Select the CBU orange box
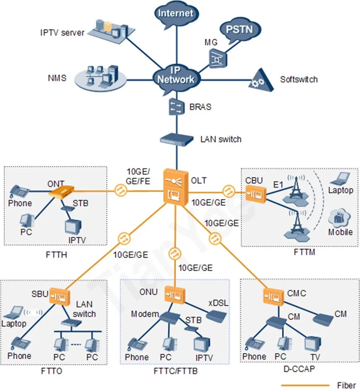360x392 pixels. pyautogui.click(x=256, y=194)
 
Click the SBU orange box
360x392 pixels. pyautogui.click(x=59, y=296)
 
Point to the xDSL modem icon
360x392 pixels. pyautogui.click(x=216, y=316)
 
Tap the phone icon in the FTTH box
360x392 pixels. pyautogui.click(x=19, y=191)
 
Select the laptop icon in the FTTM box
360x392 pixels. pyautogui.click(x=340, y=179)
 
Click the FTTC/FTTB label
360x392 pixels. pyautogui.click(x=175, y=371)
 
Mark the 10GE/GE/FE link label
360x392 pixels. pyautogui.click(x=138, y=176)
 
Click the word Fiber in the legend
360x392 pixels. pyautogui.click(x=346, y=386)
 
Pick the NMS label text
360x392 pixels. pyautogui.click(x=57, y=78)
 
